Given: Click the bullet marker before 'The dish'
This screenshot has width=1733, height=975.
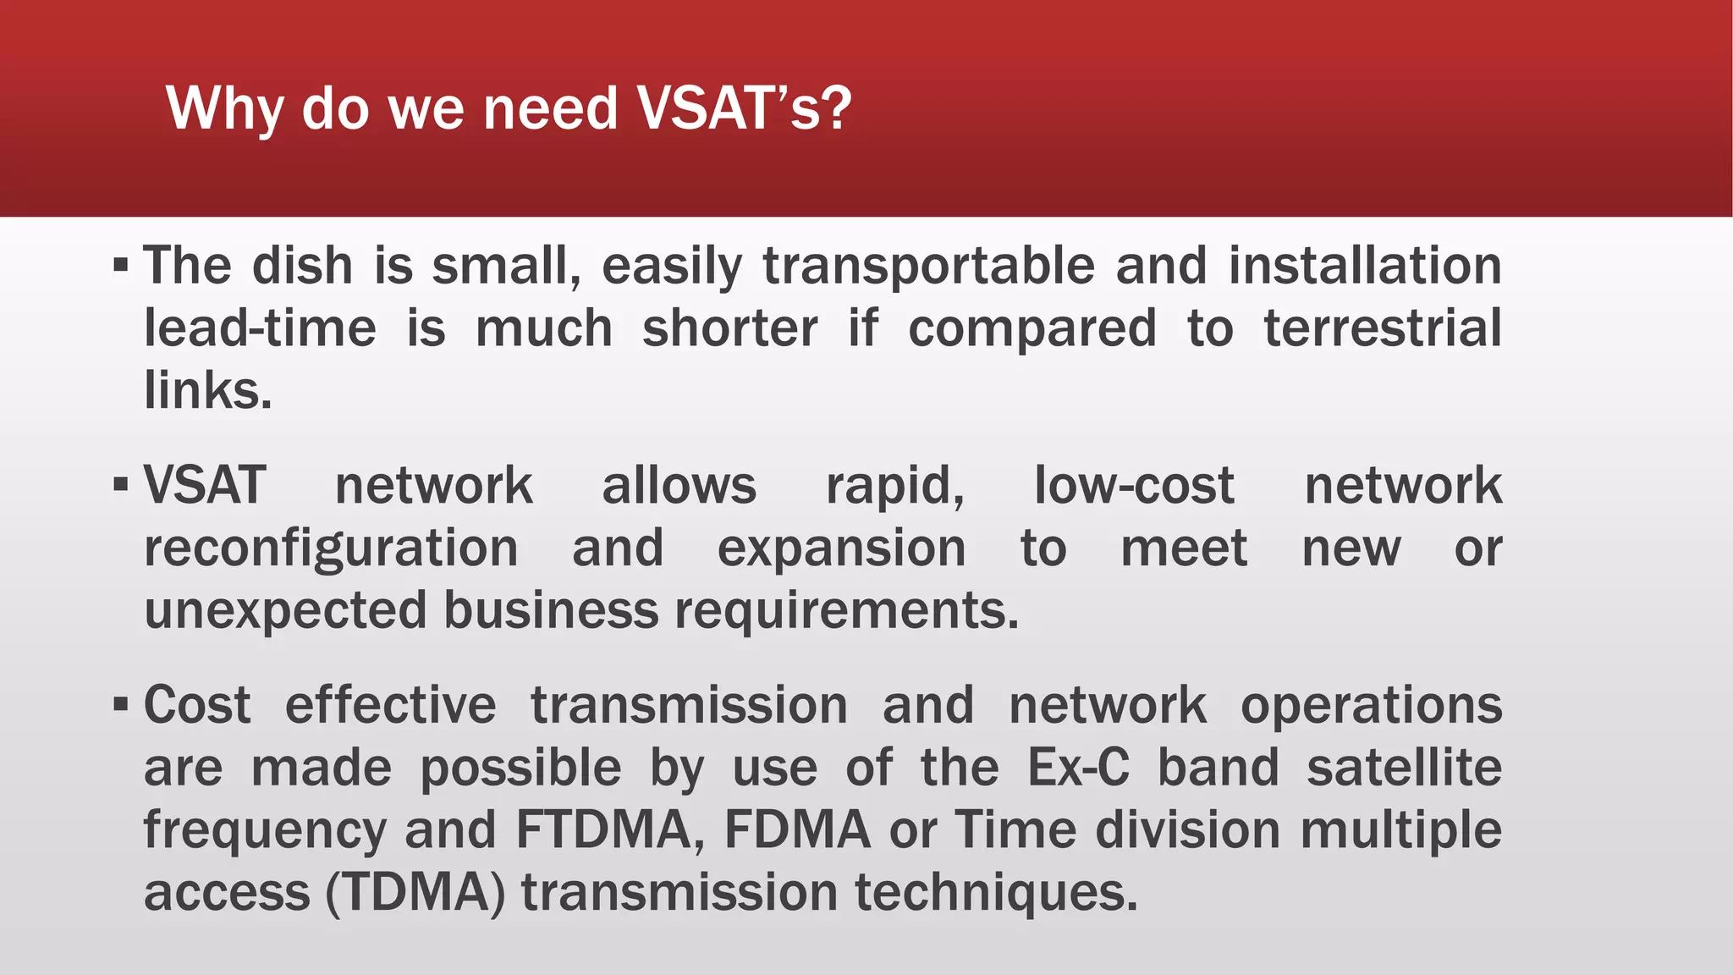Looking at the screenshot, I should point(121,266).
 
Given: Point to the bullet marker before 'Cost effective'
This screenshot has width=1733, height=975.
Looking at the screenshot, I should point(121,704).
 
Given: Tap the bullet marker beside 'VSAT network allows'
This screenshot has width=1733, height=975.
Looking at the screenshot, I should point(121,485).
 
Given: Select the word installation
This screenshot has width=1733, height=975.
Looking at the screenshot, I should point(1365,266).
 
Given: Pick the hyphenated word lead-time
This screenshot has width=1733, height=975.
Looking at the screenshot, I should point(260,328).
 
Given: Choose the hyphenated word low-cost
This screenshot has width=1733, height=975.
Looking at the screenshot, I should point(1134,486).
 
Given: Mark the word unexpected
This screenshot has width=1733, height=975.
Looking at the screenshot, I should point(285,611).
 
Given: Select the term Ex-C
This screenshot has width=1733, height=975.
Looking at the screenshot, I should point(1078,768).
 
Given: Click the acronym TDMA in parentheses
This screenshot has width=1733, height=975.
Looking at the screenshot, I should point(415,892).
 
